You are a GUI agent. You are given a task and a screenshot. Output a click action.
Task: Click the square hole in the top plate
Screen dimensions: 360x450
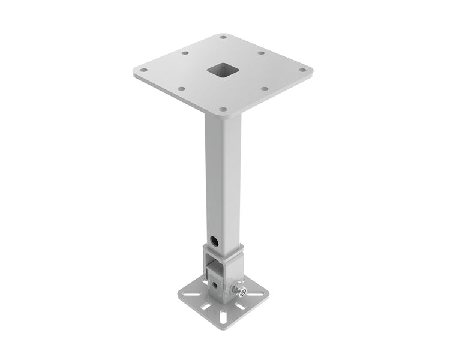220,71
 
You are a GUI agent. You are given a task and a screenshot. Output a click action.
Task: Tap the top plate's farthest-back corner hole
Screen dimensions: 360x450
223,37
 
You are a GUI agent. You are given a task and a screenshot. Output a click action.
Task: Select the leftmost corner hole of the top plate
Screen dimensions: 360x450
143,70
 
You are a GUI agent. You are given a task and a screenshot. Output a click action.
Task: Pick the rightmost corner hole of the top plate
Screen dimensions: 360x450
302,70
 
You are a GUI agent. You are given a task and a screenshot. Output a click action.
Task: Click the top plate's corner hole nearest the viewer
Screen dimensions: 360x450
223,110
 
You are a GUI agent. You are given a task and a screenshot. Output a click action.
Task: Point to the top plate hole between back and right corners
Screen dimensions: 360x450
262,53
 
